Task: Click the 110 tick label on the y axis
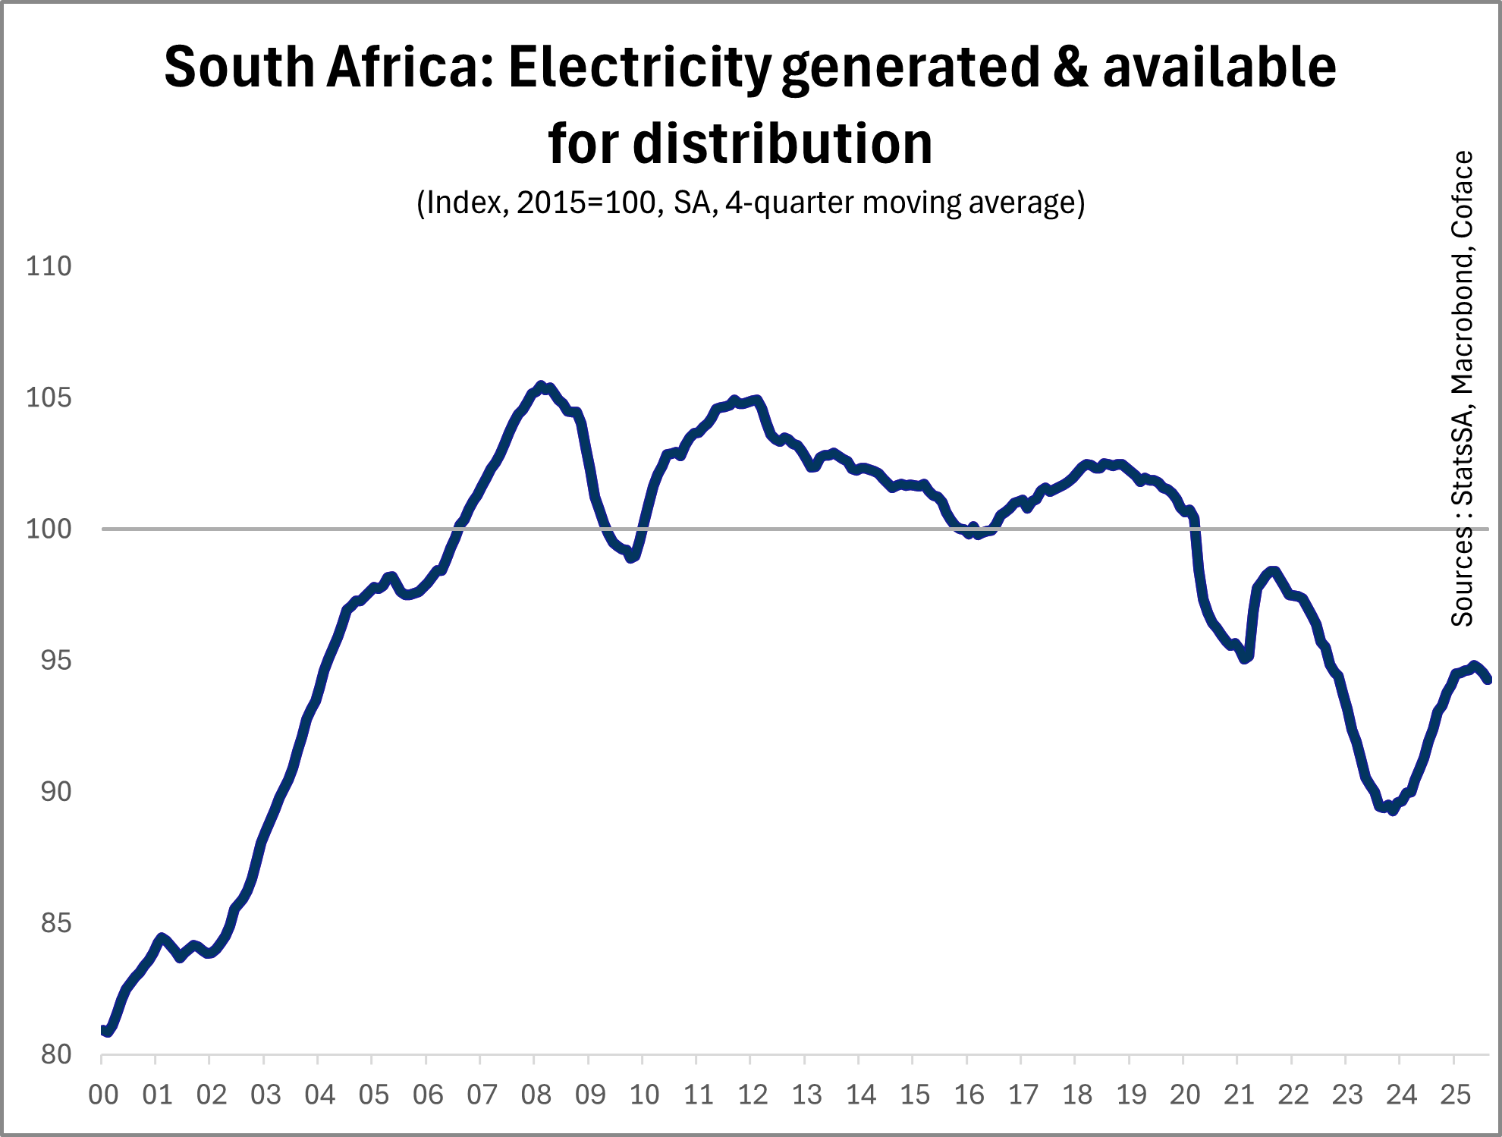pos(49,266)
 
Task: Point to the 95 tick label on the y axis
pos(55,661)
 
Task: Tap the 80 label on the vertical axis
pos(55,1054)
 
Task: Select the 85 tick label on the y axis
pos(55,923)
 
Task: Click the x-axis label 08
pos(536,1095)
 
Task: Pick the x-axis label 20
pos(1185,1095)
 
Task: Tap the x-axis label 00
pos(103,1095)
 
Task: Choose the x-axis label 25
pos(1455,1095)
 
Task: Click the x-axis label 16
pos(969,1095)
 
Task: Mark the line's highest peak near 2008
pos(541,386)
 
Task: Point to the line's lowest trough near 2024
pos(1392,811)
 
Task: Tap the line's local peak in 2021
pos(1272,571)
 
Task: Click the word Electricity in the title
pos(639,68)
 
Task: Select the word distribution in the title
pos(782,144)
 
